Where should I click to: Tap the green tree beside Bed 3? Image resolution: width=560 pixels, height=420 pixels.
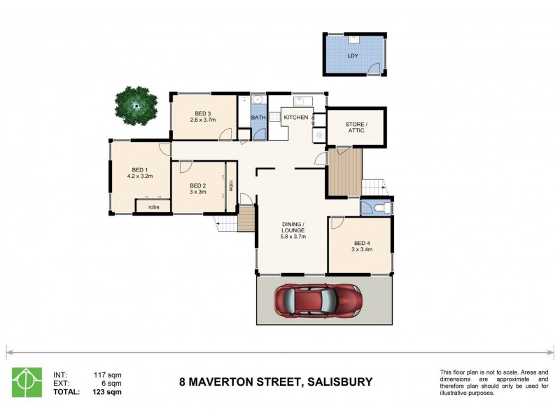tap(135, 106)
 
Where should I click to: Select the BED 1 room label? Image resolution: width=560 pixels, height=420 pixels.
tap(139, 169)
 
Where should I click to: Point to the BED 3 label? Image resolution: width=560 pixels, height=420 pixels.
tap(203, 113)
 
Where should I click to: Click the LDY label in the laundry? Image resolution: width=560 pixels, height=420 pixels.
tap(353, 55)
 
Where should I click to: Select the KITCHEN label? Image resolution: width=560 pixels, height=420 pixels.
tap(295, 117)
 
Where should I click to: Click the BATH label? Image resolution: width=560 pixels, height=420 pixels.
tap(258, 118)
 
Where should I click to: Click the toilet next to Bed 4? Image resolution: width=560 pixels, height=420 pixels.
tap(378, 208)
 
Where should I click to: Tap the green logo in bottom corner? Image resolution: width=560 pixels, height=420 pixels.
tap(27, 382)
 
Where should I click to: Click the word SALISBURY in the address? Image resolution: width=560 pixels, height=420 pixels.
tap(338, 382)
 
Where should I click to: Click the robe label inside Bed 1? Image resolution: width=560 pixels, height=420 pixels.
tap(153, 207)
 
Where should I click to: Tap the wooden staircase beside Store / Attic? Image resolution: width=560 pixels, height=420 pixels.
tap(345, 172)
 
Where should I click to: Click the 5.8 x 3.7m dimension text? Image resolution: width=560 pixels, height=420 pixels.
tap(293, 237)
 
